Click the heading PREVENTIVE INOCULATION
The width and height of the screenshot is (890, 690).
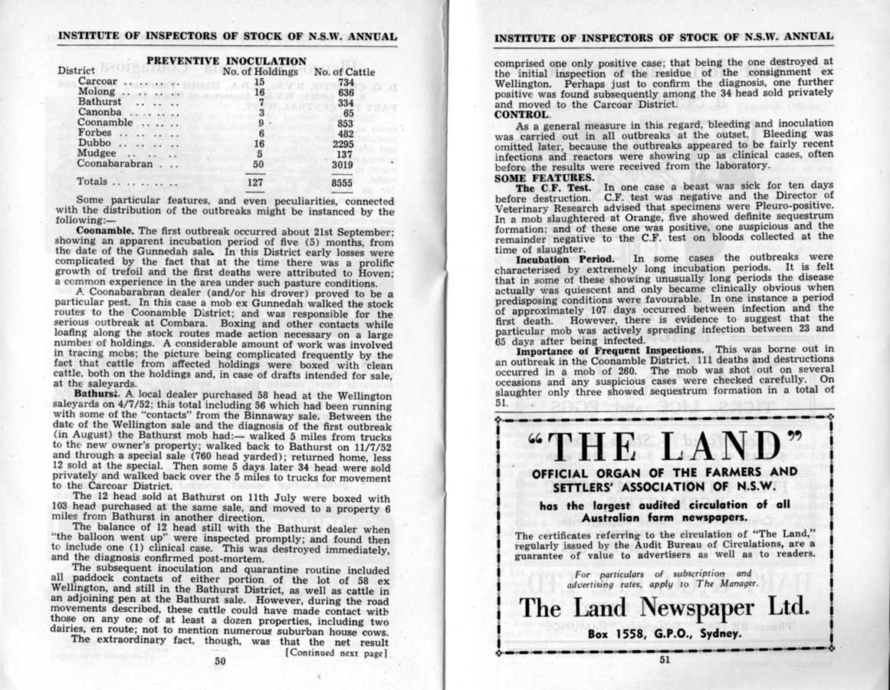point(226,61)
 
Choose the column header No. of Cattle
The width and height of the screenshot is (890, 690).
point(344,72)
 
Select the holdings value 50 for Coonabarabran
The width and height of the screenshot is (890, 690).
point(258,163)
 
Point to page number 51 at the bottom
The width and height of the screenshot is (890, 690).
point(664,658)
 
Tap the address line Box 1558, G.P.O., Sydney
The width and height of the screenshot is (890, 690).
point(665,634)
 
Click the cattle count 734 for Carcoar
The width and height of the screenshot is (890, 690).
point(346,81)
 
